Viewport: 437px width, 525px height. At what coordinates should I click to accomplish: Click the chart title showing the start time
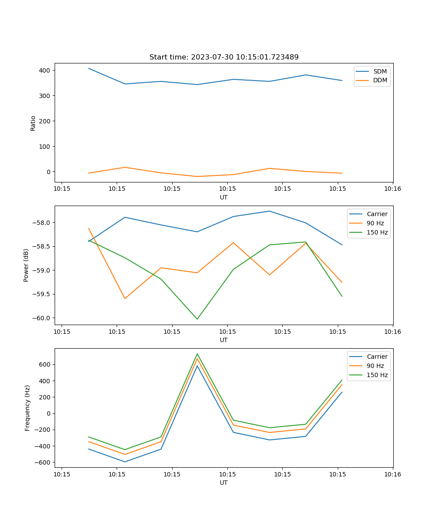tap(224, 57)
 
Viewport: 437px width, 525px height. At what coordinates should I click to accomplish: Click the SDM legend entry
tap(380, 71)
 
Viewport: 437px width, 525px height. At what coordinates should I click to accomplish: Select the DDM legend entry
tap(380, 80)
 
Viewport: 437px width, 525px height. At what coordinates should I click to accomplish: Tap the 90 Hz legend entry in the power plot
tap(375, 223)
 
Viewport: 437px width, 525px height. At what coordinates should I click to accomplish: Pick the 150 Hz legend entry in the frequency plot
tap(377, 375)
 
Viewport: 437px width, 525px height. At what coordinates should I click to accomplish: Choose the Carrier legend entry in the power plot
tap(377, 214)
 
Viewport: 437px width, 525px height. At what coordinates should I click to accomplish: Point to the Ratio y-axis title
tap(33, 123)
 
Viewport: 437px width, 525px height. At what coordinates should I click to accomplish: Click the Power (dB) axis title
tap(26, 265)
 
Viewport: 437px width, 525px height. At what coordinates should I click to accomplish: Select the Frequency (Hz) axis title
tap(27, 408)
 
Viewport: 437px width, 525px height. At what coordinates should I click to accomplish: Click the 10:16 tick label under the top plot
tap(392, 189)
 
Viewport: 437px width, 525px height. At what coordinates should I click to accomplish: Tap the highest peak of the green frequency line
tap(197, 353)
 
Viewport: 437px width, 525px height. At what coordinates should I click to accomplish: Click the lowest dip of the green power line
tap(197, 319)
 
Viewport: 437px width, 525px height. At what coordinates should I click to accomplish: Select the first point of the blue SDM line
tap(89, 68)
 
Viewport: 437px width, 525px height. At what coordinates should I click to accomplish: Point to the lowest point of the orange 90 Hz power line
tap(125, 299)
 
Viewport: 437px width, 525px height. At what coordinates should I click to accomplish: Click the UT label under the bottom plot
tap(224, 483)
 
